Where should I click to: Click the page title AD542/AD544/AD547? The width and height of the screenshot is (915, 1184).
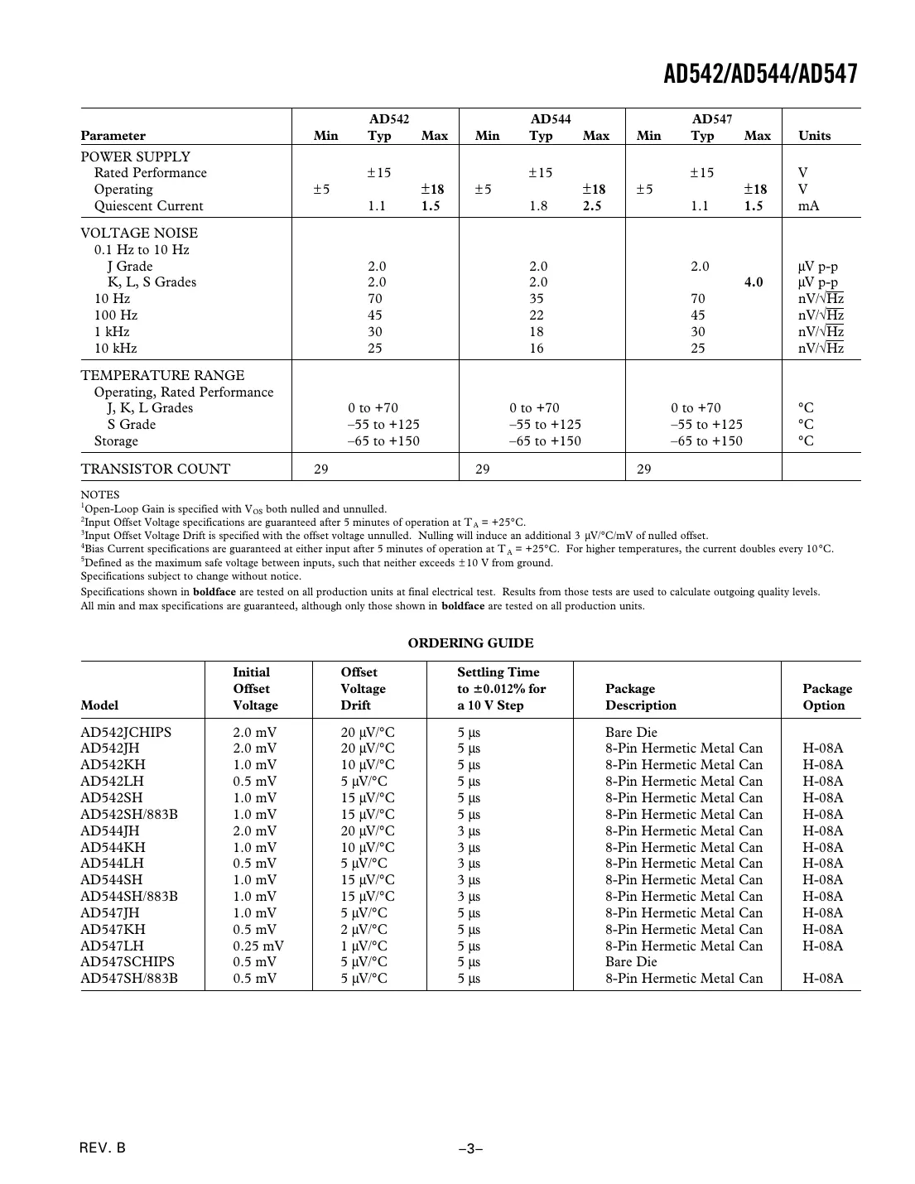(760, 75)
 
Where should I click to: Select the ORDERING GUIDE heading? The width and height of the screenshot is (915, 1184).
(470, 643)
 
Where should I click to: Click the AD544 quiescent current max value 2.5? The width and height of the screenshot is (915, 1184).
(592, 206)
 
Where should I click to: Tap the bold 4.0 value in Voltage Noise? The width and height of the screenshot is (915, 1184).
(754, 282)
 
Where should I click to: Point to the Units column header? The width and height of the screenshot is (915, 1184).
(814, 136)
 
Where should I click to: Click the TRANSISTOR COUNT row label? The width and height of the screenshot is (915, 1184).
(156, 469)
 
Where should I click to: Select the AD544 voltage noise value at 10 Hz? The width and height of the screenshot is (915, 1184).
(537, 299)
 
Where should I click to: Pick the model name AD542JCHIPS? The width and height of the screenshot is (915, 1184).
(126, 732)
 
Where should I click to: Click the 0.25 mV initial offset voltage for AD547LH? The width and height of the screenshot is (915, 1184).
(258, 946)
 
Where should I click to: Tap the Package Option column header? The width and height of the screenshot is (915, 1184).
(826, 697)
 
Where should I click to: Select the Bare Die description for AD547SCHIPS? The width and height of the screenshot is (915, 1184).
(631, 962)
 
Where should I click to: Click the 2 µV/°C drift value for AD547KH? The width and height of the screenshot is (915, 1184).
(364, 930)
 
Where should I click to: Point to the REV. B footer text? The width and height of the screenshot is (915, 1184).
(104, 1148)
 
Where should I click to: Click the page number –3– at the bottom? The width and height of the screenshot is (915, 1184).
(470, 1149)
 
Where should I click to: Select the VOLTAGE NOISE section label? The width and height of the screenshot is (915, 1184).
(139, 233)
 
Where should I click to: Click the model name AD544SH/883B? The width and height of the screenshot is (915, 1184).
(129, 897)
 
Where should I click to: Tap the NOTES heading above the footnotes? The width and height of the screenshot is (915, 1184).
(99, 495)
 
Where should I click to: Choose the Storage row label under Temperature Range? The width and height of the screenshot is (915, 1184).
(116, 441)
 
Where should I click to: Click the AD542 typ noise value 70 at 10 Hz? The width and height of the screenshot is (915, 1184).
(375, 299)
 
